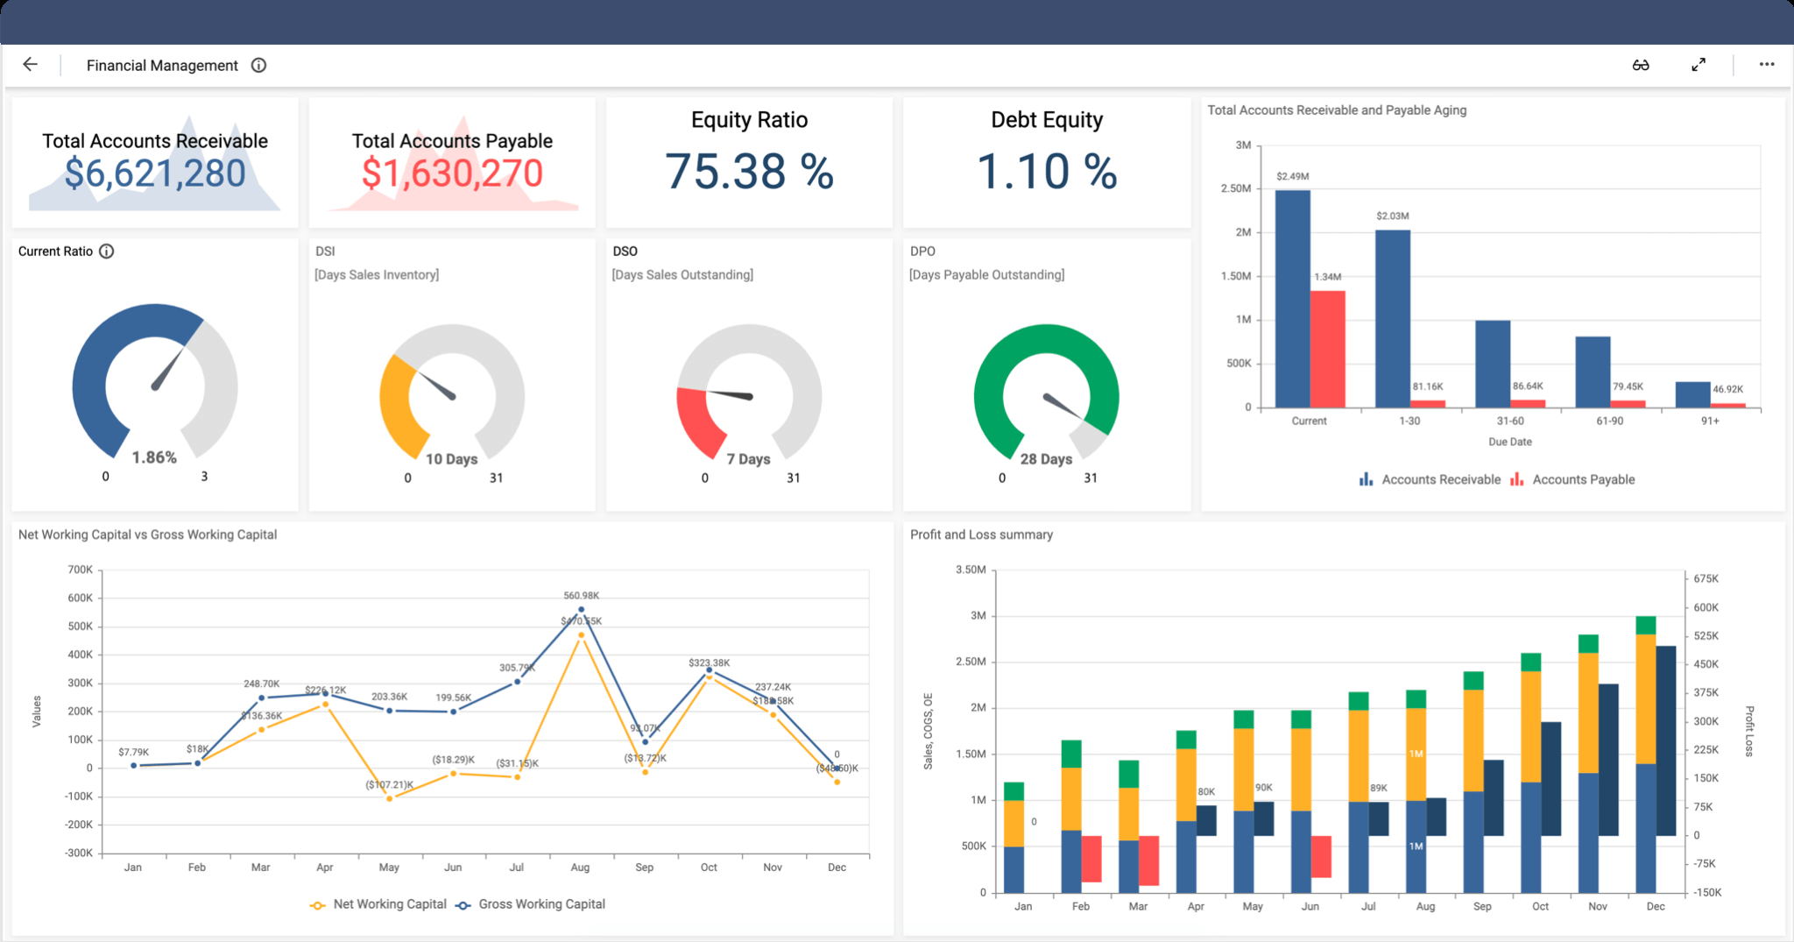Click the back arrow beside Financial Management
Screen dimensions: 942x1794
pos(30,65)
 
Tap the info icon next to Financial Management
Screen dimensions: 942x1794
pos(258,66)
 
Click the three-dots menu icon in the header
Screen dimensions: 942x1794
pos(1767,65)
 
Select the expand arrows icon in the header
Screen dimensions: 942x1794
pos(1699,65)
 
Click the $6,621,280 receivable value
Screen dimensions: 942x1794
pos(155,174)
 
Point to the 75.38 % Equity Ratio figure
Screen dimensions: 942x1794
pos(749,172)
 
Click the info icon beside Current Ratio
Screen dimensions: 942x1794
pos(107,251)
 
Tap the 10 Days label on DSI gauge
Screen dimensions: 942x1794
pos(451,459)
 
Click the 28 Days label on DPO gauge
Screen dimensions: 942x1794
pos(1046,459)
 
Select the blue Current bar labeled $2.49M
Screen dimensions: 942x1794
pos(1292,298)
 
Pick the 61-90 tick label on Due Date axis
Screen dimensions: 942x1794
pos(1609,421)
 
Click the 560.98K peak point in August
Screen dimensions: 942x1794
pos(581,609)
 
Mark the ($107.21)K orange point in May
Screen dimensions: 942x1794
pos(390,798)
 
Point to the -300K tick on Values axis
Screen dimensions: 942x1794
pos(79,853)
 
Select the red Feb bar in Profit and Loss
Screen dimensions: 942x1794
pos(1091,859)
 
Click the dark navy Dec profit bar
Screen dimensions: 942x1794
pos(1665,740)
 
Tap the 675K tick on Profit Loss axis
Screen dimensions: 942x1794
pos(1706,578)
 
